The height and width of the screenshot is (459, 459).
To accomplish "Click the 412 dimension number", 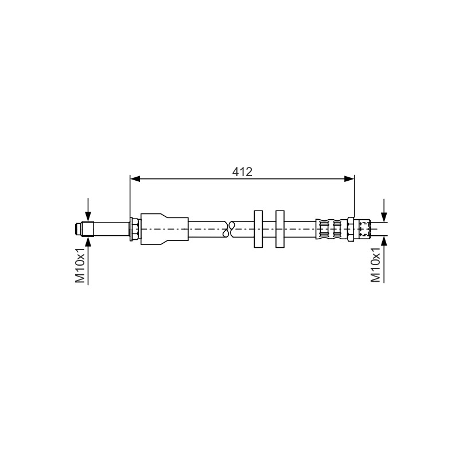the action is (x=242, y=172).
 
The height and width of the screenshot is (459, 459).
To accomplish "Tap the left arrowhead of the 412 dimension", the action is (x=135, y=179).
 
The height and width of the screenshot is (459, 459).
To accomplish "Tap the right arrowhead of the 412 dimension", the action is (x=349, y=179).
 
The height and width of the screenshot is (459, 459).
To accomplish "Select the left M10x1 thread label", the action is (x=80, y=265).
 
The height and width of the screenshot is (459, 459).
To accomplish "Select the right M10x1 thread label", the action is (x=376, y=264).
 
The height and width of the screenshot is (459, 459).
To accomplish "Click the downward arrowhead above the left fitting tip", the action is (x=88, y=217).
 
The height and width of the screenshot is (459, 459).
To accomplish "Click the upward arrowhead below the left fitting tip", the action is (x=88, y=242).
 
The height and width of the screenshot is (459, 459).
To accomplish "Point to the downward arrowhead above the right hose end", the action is (x=384, y=217).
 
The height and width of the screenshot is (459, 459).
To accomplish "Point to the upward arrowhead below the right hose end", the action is (x=384, y=241).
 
